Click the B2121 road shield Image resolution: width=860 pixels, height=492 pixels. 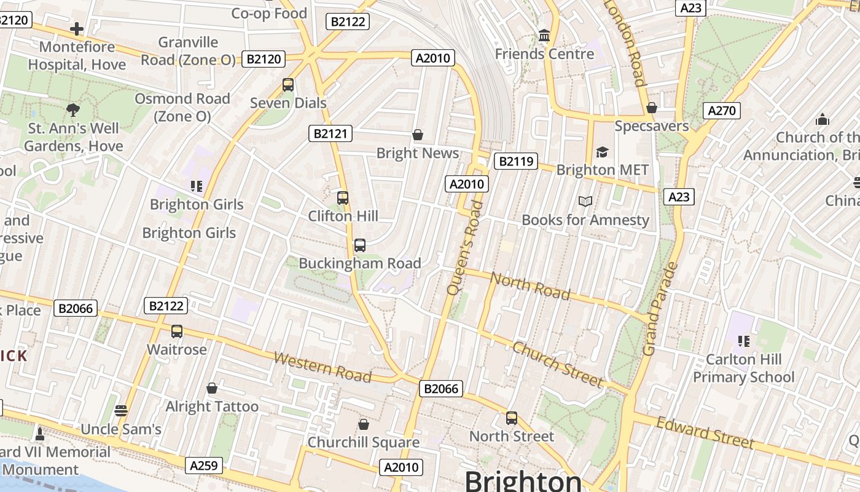click(330, 133)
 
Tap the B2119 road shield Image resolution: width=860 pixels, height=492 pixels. click(515, 162)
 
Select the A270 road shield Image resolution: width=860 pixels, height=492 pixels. click(721, 111)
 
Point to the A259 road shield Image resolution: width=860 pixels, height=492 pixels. click(203, 466)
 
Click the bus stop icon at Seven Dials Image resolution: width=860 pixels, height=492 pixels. click(288, 85)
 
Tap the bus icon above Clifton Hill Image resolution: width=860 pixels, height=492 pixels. click(343, 198)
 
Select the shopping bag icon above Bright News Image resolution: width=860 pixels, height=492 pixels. click(418, 135)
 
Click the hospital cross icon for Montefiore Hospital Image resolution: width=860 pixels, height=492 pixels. click(77, 29)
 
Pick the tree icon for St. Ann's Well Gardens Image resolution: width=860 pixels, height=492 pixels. click(73, 111)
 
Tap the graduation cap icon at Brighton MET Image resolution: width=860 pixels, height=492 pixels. click(602, 152)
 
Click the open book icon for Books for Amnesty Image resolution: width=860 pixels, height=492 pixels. click(585, 202)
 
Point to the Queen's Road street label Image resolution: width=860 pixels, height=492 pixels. click(465, 247)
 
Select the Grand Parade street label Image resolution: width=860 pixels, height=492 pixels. click(660, 309)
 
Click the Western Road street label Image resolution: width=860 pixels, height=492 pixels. click(322, 367)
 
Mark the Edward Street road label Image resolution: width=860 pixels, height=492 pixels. click(705, 432)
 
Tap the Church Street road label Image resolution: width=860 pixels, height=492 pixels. click(557, 365)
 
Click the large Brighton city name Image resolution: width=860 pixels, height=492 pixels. click(523, 481)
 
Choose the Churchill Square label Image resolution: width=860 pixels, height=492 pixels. click(364, 442)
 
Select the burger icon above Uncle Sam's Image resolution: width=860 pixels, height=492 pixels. click(121, 411)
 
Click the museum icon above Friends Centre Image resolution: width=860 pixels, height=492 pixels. click(544, 36)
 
